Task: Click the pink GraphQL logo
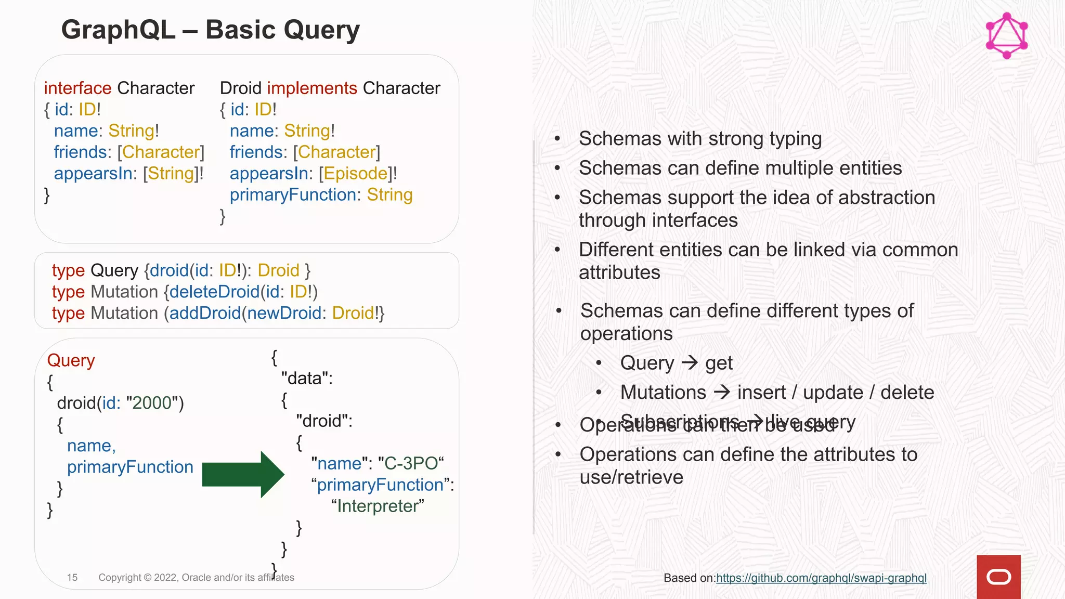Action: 1007,35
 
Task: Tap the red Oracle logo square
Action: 998,577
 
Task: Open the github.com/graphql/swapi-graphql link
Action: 821,578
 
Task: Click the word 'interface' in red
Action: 77,88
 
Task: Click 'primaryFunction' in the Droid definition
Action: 293,194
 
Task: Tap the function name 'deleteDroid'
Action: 214,292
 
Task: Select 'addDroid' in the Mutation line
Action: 205,313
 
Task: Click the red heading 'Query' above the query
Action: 71,360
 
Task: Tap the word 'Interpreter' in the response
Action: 378,506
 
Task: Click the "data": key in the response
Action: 307,378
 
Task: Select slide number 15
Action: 72,577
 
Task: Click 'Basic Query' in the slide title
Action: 282,30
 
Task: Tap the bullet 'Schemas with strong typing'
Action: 700,139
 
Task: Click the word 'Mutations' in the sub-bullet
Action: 663,393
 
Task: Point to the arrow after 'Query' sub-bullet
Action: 690,362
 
